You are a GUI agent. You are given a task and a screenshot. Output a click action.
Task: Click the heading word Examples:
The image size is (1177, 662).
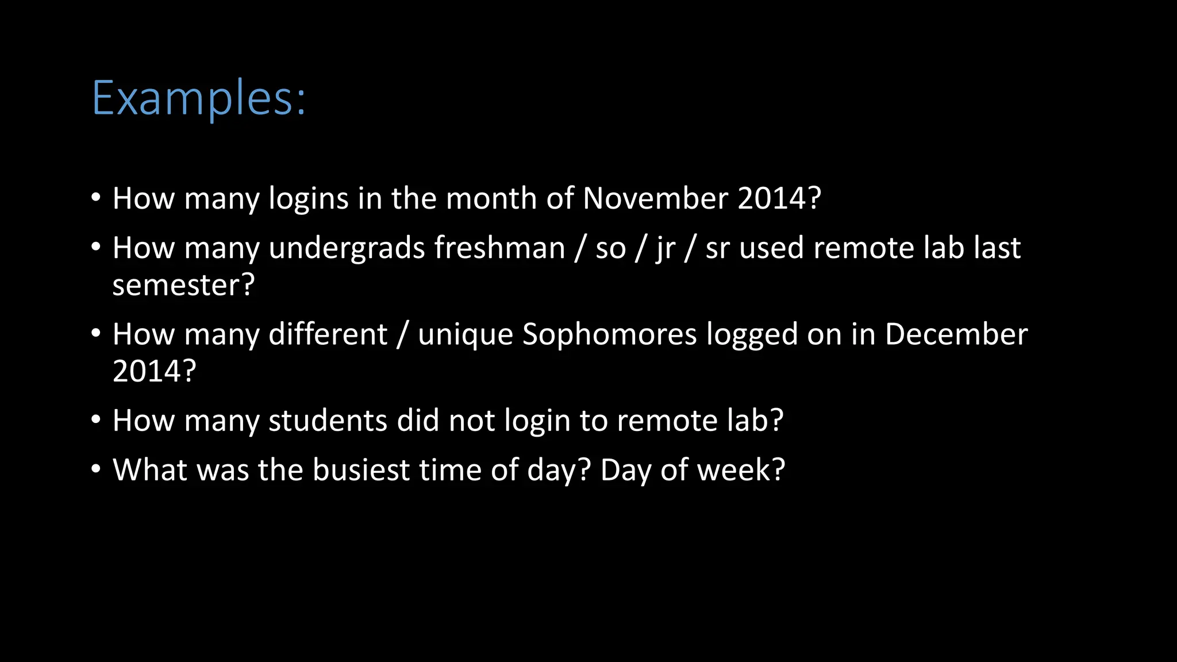click(x=199, y=99)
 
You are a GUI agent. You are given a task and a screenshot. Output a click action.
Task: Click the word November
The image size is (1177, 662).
click(x=655, y=199)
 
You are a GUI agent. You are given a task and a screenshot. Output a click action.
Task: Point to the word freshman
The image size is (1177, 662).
click(x=499, y=248)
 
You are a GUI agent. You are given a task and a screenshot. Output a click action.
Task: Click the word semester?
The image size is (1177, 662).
click(x=183, y=285)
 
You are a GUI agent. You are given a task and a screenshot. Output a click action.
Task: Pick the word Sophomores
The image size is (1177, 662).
click(x=609, y=334)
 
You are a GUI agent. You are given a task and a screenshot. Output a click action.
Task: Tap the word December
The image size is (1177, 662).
click(x=956, y=334)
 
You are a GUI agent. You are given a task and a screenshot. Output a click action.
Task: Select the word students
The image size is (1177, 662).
click(x=328, y=421)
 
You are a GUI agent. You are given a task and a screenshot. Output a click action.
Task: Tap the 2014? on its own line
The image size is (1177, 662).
click(x=154, y=371)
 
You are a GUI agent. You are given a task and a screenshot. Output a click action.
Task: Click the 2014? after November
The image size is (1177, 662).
click(x=779, y=199)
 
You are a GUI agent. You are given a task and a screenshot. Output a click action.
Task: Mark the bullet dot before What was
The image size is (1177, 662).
click(x=96, y=469)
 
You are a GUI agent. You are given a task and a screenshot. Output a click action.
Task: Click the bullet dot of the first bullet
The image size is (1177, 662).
click(x=96, y=198)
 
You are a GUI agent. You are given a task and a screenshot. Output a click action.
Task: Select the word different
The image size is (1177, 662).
click(x=328, y=334)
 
